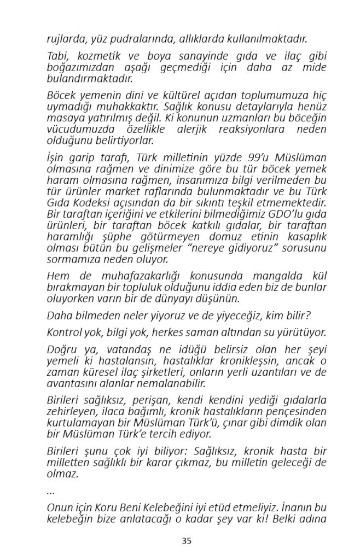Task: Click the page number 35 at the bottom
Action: pyautogui.click(x=186, y=541)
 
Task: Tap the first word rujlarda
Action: pyautogui.click(x=63, y=39)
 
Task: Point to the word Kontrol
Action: pyautogui.click(x=64, y=332)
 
